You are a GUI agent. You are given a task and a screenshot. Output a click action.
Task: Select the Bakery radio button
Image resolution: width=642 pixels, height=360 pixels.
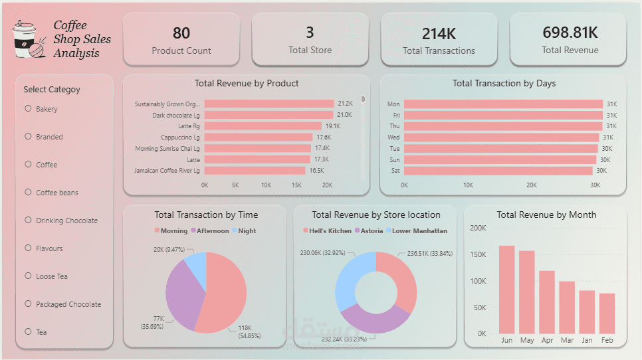[28, 108]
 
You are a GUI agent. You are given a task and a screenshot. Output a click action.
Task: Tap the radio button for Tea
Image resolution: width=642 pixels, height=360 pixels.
[28, 331]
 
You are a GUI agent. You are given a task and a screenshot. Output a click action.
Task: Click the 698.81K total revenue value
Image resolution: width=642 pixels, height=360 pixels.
[570, 33]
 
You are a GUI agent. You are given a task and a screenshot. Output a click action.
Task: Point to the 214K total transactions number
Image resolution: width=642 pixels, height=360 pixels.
[439, 33]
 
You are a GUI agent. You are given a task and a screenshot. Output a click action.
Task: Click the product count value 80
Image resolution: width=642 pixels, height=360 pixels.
[181, 33]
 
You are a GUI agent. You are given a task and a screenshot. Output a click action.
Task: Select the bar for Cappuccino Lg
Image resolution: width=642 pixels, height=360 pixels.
[258, 137]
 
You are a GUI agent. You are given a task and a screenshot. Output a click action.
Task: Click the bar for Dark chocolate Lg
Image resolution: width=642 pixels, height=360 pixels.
[268, 115]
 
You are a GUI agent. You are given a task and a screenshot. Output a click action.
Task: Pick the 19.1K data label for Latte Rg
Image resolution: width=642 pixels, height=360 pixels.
[332, 126]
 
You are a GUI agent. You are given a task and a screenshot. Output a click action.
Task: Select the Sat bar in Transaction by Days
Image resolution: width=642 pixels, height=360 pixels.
[498, 171]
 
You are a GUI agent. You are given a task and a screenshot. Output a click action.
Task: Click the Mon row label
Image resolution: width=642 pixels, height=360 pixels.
[393, 104]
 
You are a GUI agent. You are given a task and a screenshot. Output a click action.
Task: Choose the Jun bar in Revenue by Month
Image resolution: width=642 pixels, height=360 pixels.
[507, 289]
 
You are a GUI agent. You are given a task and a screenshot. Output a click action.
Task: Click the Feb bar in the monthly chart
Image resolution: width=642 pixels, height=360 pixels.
[607, 313]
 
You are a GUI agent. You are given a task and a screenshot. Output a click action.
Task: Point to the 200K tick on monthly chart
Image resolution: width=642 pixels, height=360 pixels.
[478, 228]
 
